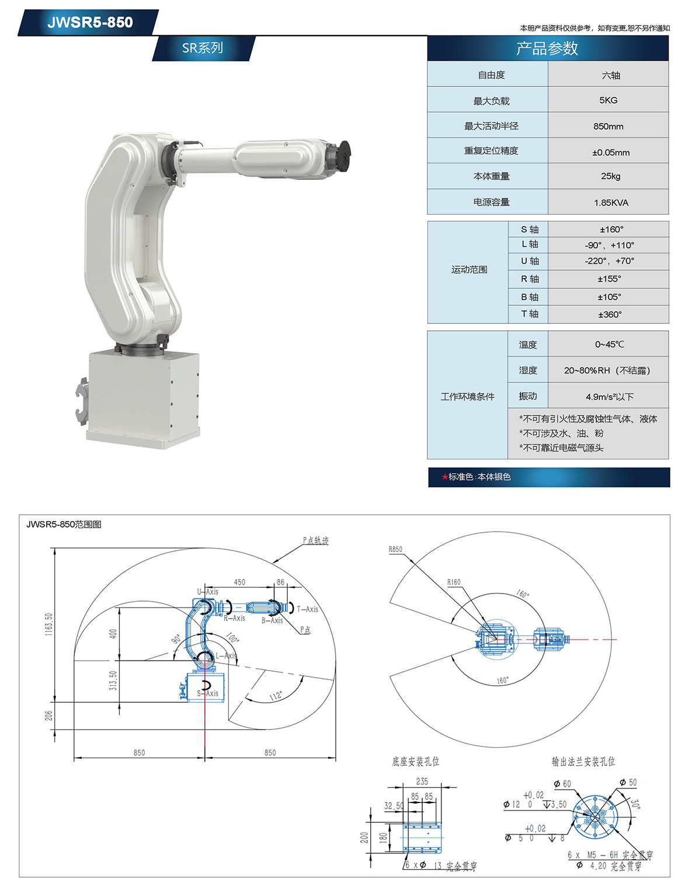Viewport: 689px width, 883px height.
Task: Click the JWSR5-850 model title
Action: (x=90, y=22)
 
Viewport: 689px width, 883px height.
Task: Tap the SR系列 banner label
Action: (x=202, y=48)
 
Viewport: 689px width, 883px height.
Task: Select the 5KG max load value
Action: (x=608, y=100)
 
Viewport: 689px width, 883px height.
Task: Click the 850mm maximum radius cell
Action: (x=608, y=126)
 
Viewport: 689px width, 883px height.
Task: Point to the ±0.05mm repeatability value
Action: (x=611, y=152)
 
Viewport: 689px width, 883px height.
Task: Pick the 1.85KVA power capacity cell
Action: (x=611, y=203)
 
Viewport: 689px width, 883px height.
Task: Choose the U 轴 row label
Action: (x=530, y=261)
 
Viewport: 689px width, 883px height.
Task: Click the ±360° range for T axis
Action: (x=610, y=315)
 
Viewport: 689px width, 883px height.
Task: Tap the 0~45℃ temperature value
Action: (x=609, y=344)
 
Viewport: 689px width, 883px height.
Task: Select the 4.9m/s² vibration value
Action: (x=609, y=397)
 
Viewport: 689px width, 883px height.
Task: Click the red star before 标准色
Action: (x=444, y=477)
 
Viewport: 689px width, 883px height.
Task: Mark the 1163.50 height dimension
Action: (x=49, y=624)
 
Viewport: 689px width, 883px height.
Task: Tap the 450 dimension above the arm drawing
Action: (x=239, y=582)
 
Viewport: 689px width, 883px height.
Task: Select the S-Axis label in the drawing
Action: (x=208, y=693)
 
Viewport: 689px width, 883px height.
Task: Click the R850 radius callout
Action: (x=395, y=549)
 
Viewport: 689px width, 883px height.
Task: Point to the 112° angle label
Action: (x=276, y=696)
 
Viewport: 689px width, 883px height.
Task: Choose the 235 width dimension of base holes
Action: (x=422, y=781)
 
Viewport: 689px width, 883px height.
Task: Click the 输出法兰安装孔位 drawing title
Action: (x=583, y=762)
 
